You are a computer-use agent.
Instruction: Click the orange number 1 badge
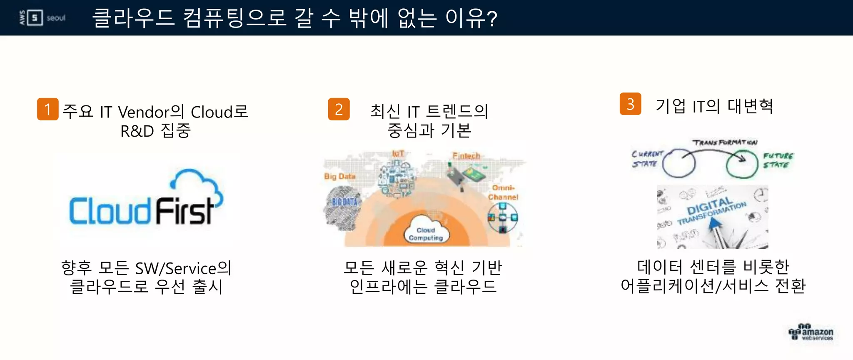[x=47, y=109]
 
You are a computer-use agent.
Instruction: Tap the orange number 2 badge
[x=339, y=109]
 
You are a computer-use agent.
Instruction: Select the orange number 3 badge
[x=630, y=104]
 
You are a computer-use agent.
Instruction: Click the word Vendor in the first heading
[x=144, y=112]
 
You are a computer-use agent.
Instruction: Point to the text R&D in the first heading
[x=137, y=131]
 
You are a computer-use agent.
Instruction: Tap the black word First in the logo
[x=184, y=211]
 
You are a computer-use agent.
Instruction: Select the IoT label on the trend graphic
[x=398, y=154]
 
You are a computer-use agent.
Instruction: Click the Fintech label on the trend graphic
[x=466, y=156]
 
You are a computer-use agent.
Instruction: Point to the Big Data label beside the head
[x=339, y=176]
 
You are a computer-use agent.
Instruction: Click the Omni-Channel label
[x=503, y=192]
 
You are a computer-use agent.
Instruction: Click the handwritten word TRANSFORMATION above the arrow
[x=724, y=142]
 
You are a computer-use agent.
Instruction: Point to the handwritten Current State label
[x=646, y=159]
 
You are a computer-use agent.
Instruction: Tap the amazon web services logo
[x=811, y=332]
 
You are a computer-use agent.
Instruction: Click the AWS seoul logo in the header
[x=42, y=18]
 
